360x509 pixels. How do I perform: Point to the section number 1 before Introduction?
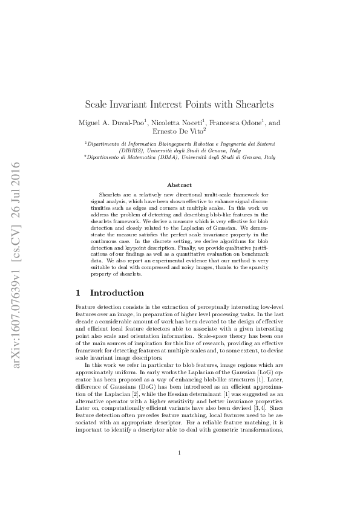[77, 293]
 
